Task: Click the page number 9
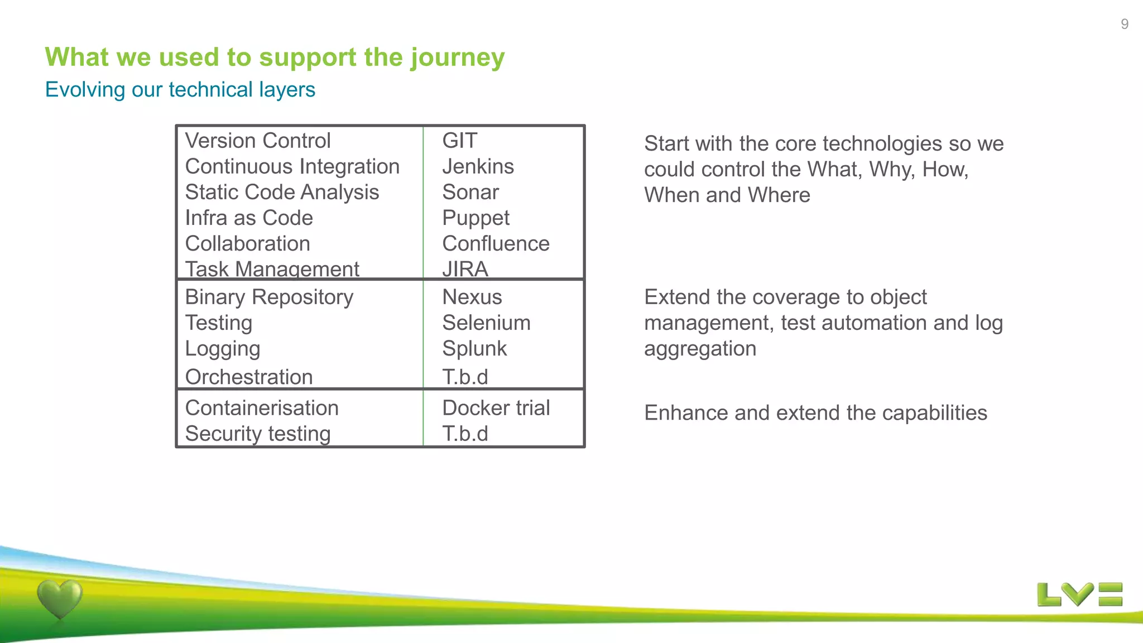click(x=1124, y=24)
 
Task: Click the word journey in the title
click(x=458, y=58)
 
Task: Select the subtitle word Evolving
click(x=85, y=90)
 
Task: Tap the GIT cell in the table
click(x=459, y=141)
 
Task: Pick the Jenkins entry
click(x=478, y=166)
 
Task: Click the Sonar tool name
click(x=470, y=192)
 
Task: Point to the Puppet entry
click(x=476, y=218)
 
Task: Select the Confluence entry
click(x=496, y=244)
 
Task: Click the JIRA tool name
click(x=465, y=269)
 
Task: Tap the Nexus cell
click(x=472, y=297)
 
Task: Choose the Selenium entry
click(x=486, y=323)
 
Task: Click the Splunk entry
click(x=474, y=349)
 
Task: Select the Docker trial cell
click(x=496, y=408)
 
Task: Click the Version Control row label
click(x=258, y=141)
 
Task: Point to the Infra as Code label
click(x=249, y=218)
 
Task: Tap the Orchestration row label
click(x=249, y=377)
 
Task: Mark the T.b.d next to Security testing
click(x=465, y=434)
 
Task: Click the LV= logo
click(x=1079, y=594)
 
